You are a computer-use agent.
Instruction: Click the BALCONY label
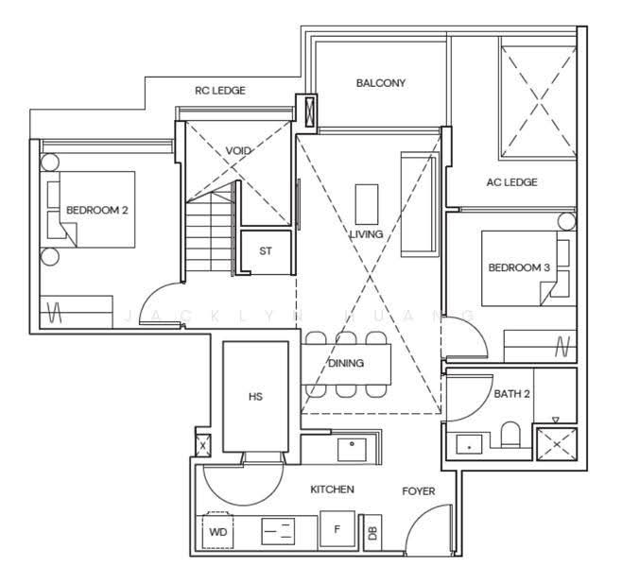(x=380, y=83)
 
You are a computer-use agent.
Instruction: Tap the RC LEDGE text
(x=220, y=91)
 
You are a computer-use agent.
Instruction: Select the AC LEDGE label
(x=511, y=182)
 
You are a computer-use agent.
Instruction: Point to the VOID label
(x=238, y=150)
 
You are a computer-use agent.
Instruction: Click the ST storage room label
(x=266, y=251)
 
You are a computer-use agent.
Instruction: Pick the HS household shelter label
(x=255, y=397)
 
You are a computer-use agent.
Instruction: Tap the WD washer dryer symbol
(x=217, y=530)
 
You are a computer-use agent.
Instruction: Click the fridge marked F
(x=337, y=529)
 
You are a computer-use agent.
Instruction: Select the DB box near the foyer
(x=372, y=533)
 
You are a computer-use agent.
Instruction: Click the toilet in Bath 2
(x=510, y=435)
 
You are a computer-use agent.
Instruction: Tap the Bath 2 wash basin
(x=469, y=444)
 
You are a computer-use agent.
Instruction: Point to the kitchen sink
(x=352, y=450)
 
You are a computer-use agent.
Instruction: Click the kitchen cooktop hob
(x=278, y=531)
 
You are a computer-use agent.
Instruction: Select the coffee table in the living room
(x=367, y=204)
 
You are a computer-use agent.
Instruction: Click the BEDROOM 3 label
(x=519, y=267)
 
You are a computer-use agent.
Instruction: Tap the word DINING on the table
(x=346, y=363)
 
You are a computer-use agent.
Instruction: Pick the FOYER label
(x=419, y=491)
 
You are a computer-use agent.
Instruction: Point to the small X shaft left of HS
(x=203, y=446)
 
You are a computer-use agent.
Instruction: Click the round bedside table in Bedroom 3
(x=566, y=221)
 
